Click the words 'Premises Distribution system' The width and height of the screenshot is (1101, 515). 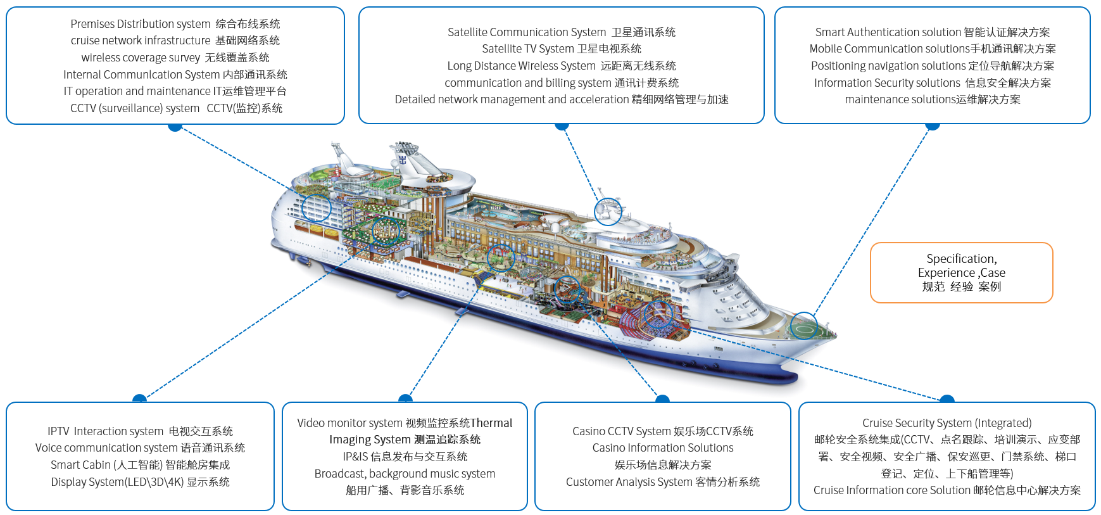(141, 24)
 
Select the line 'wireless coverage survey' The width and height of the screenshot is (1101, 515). (141, 58)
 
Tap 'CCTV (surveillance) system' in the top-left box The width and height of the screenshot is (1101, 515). (135, 108)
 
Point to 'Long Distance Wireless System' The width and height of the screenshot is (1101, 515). (522, 66)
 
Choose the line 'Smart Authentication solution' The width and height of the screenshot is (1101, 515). (888, 32)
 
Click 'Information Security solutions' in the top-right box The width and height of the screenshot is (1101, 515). (887, 83)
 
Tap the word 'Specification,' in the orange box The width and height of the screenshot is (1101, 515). (962, 259)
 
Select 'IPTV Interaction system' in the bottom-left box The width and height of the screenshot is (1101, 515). (105, 431)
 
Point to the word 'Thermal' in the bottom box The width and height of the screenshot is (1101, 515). (491, 423)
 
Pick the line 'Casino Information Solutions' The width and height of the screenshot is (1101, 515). (663, 448)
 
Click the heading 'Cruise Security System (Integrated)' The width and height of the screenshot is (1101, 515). (947, 423)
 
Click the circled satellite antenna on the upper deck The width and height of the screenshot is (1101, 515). (608, 210)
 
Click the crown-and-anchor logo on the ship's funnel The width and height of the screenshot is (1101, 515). (403, 160)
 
